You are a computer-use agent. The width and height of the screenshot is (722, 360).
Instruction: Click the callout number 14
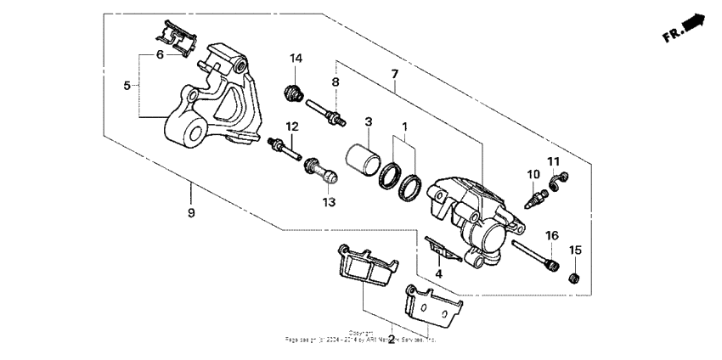(x=296, y=59)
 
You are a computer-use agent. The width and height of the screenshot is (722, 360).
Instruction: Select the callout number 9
(x=190, y=212)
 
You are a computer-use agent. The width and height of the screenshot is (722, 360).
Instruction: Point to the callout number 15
(x=575, y=250)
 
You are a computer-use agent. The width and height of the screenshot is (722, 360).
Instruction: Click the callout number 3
(x=369, y=122)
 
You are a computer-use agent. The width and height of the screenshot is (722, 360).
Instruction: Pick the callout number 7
(x=395, y=75)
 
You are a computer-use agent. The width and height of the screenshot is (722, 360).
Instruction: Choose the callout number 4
(x=439, y=273)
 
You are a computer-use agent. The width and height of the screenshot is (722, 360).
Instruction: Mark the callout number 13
(x=329, y=202)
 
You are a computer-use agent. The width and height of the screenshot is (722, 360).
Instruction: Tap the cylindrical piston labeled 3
(x=361, y=160)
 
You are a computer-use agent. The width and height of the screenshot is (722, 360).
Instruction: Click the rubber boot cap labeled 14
(x=293, y=90)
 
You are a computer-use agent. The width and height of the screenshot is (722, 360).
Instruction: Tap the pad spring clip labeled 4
(x=437, y=247)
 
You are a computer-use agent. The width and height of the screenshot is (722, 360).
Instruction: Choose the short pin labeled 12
(x=283, y=150)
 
